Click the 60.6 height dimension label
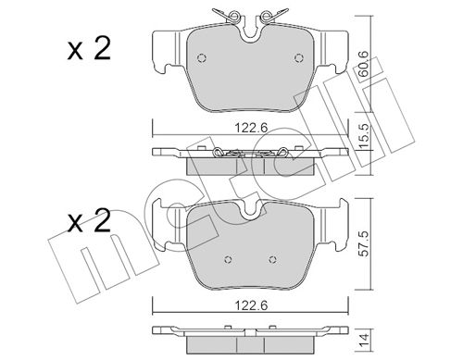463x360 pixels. tap(364, 63)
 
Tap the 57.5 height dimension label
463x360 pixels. tap(365, 243)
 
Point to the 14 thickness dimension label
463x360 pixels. tap(365, 341)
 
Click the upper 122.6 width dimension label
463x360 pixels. tap(251, 128)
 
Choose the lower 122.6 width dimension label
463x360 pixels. tap(251, 305)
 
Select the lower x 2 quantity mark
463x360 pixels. tap(89, 221)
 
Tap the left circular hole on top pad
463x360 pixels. tap(202, 58)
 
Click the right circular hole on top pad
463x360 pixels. tap(299, 58)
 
